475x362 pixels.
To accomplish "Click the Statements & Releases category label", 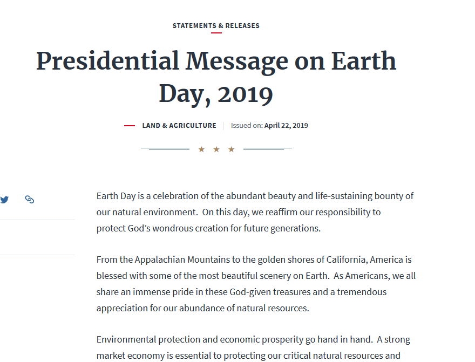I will pos(216,25).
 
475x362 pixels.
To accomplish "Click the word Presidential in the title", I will pos(107,61).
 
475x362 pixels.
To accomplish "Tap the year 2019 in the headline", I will pos(246,94).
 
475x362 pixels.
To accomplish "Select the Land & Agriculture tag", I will pos(179,126).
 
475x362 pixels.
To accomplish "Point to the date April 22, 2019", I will pos(286,126).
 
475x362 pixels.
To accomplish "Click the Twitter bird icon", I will pos(4,200).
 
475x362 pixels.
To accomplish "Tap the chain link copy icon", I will pos(30,200).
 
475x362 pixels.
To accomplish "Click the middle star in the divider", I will pos(216,149).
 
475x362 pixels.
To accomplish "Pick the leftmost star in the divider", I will pos(201,149).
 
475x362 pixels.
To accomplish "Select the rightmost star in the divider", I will pos(232,149).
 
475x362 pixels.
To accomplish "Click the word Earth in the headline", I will pos(363,61).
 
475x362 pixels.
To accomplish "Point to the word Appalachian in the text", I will pos(161,259).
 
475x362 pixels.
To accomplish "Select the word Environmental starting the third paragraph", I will pos(126,339).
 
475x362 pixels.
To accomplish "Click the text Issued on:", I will pos(247,126).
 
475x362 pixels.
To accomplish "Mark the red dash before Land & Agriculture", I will pos(130,126).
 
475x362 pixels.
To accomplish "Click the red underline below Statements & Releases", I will pos(216,33).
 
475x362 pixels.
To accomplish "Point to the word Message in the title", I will pos(237,61).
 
